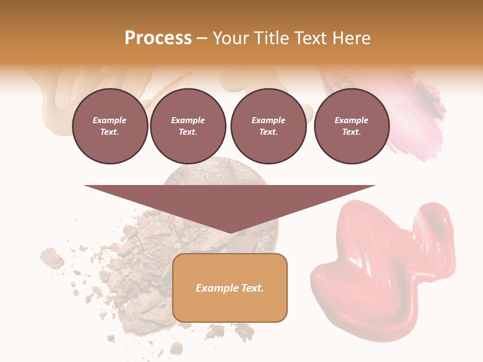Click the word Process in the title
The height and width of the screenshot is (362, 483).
158,38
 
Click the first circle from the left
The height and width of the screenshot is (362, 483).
110,126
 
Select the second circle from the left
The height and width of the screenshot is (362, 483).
188,126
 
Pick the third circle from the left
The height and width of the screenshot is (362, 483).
268,126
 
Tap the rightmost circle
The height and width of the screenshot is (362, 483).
351,126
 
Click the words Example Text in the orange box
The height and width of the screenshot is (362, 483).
230,288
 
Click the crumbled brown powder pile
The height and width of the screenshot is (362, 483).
141,266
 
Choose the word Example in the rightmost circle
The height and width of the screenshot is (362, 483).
351,120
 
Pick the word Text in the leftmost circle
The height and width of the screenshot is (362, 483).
109,132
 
